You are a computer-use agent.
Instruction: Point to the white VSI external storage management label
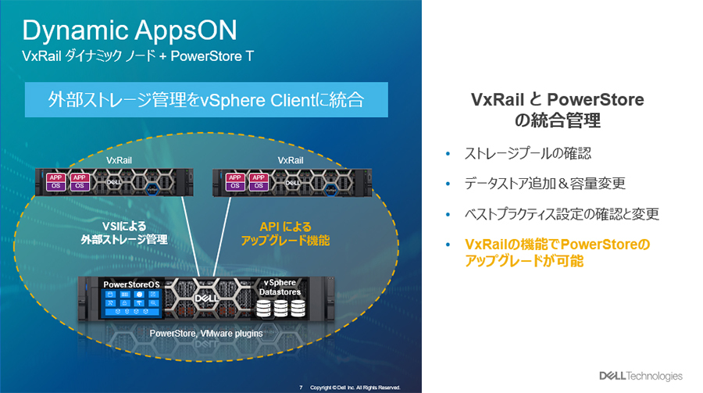point(124,232)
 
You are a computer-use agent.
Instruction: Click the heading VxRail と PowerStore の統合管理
point(558,110)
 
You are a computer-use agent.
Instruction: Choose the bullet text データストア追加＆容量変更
point(544,184)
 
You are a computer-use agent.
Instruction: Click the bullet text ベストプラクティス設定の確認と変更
point(559,213)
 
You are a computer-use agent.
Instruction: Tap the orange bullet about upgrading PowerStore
point(556,253)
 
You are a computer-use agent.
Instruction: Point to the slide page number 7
point(301,387)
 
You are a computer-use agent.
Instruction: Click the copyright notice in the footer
point(355,387)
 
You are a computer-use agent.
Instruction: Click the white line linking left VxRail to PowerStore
point(187,234)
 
